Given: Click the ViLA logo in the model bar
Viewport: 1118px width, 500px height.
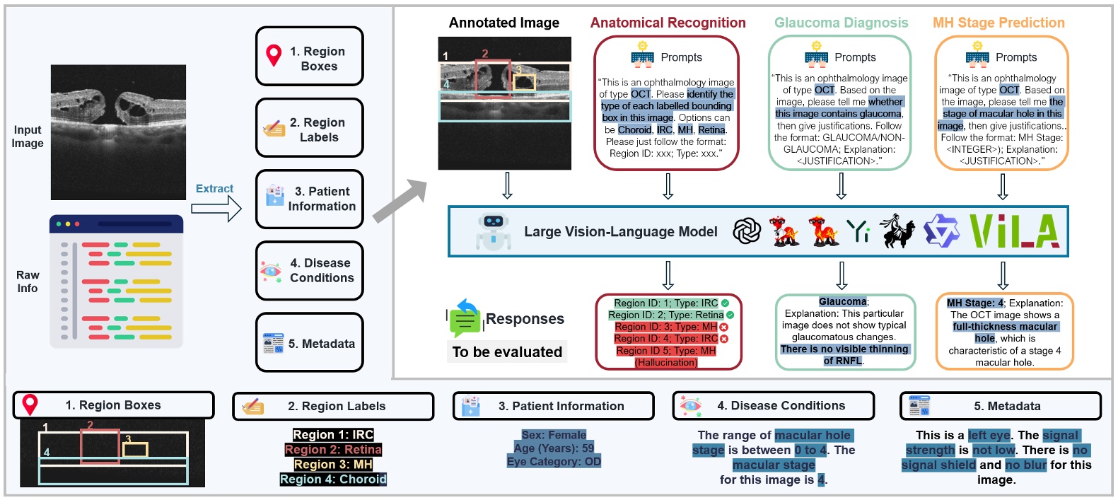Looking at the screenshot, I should coord(1014,231).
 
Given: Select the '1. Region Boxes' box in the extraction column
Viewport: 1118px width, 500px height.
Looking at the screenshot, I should coord(310,57).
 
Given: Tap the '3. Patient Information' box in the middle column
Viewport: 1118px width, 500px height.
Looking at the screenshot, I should coord(310,199).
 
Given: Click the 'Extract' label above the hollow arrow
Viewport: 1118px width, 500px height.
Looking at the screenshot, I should coord(214,189).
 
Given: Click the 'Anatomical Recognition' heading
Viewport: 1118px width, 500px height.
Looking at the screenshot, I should coord(668,23).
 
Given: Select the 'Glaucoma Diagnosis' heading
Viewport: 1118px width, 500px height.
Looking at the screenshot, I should coord(841,23).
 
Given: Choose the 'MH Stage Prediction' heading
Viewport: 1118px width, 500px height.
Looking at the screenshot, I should coord(998,23).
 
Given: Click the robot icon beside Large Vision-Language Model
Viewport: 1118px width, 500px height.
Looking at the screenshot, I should coord(493,231).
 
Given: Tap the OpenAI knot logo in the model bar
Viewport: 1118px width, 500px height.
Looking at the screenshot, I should coord(747,231).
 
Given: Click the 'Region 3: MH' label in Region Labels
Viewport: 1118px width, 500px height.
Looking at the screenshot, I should coord(333,465).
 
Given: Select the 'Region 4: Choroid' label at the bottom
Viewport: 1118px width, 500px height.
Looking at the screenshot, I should coord(333,479).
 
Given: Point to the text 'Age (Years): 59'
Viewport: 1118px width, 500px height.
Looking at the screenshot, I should coord(554,448).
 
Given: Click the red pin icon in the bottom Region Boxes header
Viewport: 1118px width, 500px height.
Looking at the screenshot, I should coord(30,405).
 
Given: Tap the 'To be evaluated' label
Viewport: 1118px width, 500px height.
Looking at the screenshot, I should coord(507,352).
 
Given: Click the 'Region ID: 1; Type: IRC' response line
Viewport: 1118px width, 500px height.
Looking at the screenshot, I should coord(665,303).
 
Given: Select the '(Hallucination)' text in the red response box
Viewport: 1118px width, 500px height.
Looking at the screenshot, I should coord(665,363).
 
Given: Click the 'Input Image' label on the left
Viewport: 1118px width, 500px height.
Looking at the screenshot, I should coord(28,136).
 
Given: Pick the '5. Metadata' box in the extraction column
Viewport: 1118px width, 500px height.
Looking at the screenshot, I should coord(310,344).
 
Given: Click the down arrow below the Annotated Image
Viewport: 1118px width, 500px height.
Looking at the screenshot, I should coord(507,185).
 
